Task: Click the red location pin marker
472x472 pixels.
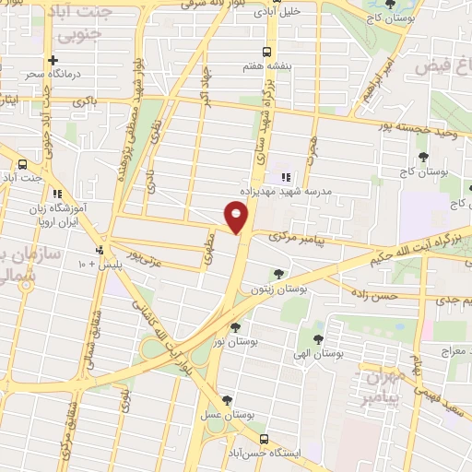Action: [237, 218]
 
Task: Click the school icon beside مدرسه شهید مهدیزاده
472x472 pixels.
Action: [283, 176]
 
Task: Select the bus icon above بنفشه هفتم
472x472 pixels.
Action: [266, 52]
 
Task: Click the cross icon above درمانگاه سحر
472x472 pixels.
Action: [28, 60]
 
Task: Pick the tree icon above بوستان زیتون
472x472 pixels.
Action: [279, 273]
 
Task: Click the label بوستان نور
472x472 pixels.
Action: [238, 342]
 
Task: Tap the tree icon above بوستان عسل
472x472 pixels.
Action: [227, 399]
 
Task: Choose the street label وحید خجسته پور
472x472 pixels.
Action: [433, 128]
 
